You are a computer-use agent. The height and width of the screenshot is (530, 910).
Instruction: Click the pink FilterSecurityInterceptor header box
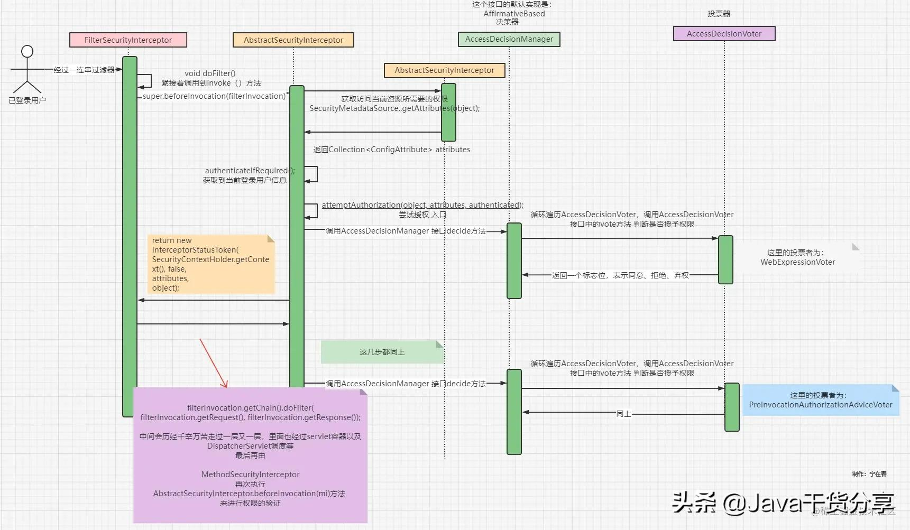[x=128, y=40]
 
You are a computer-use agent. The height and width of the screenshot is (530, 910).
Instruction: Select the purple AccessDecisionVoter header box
[x=724, y=34]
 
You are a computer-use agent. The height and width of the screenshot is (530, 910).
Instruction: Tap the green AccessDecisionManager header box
[x=509, y=39]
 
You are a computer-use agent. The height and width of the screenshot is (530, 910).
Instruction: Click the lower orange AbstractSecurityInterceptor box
[x=444, y=70]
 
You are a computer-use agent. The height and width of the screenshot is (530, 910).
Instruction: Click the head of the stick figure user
[x=27, y=51]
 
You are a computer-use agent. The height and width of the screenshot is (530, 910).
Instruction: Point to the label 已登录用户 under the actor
[x=27, y=100]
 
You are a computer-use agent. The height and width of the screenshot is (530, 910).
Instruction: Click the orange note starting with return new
[x=211, y=264]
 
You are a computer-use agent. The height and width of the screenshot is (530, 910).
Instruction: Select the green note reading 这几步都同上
[x=382, y=352]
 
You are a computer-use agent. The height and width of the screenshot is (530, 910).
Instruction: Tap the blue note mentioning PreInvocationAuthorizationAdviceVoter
[x=820, y=400]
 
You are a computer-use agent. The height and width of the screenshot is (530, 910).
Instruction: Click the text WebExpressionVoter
[x=797, y=262]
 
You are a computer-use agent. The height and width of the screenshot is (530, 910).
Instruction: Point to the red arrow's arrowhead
[x=225, y=385]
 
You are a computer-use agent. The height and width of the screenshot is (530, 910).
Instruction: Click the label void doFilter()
[x=210, y=73]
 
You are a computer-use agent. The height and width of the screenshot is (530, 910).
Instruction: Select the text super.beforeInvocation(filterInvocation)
[x=214, y=96]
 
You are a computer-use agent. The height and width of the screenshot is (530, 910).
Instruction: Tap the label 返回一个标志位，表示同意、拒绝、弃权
[x=620, y=275]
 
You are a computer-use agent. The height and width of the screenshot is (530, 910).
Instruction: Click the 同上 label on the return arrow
[x=623, y=414]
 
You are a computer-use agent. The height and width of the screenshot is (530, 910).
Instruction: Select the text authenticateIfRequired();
[x=250, y=171]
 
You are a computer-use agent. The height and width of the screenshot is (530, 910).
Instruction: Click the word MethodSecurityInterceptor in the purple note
[x=250, y=475]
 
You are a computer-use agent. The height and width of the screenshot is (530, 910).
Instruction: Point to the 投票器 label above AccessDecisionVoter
[x=719, y=14]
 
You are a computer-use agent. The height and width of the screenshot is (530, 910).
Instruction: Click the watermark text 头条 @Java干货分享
[x=783, y=503]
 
